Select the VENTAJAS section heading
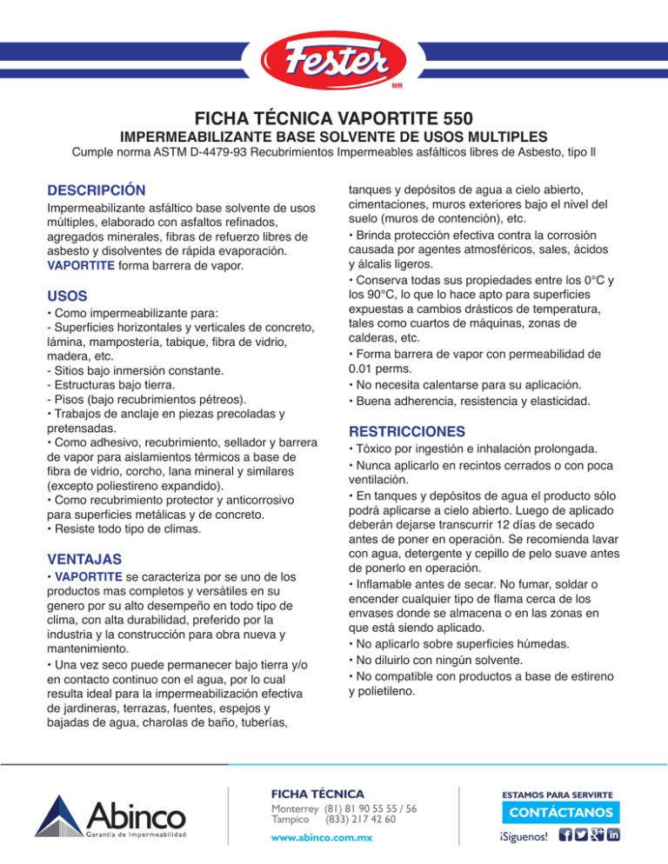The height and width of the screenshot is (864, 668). pos(84,557)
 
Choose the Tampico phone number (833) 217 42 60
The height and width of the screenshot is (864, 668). pos(360,819)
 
